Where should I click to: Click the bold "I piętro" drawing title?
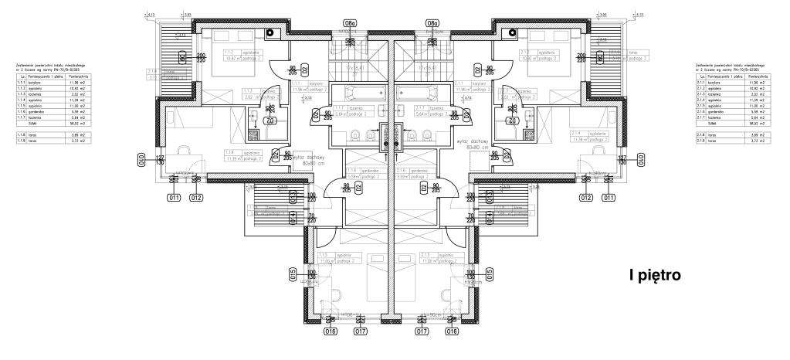click(655, 276)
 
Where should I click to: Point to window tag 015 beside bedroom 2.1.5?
click(489, 273)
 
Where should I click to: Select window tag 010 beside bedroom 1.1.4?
click(141, 160)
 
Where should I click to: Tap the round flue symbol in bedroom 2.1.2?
click(509, 33)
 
